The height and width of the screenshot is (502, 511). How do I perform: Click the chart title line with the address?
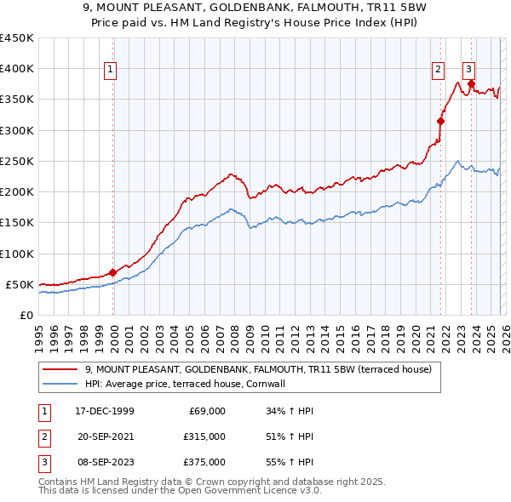click(255, 8)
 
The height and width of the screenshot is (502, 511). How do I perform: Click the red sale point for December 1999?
click(113, 272)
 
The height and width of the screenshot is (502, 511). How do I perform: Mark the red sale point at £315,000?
click(440, 121)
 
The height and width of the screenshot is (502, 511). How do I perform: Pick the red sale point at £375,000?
click(471, 83)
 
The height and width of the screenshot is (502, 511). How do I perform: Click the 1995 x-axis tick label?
click(39, 336)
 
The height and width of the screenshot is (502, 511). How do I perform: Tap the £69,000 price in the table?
click(205, 411)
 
